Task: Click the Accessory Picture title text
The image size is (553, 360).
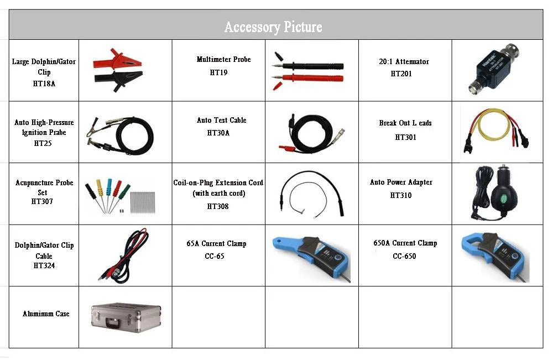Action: (273, 27)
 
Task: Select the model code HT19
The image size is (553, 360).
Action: (218, 72)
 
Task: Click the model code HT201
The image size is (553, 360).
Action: (401, 74)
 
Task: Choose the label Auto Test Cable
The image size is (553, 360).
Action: (221, 120)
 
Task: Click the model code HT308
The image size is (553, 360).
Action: (218, 206)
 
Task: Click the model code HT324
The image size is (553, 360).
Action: (44, 265)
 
